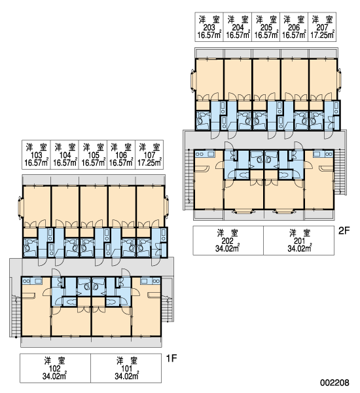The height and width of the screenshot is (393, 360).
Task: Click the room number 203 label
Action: point(209,27)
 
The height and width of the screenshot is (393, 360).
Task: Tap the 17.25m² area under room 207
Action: point(323,35)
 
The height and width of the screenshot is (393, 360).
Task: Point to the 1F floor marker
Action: point(171,358)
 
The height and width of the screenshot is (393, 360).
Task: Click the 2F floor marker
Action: point(344,231)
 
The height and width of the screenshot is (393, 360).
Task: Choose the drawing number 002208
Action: point(334,383)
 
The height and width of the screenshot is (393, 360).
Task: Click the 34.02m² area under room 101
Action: point(127,376)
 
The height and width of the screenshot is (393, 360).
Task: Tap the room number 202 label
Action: point(228,240)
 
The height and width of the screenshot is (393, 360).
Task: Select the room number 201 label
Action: point(299,240)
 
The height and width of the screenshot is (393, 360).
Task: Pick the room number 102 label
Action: point(54,368)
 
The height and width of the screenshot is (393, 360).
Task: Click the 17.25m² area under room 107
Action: point(149,162)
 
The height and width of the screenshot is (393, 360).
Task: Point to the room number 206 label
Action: point(294,27)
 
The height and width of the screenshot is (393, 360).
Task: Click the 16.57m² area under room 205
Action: point(266,35)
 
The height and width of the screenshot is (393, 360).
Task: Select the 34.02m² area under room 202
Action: point(228,248)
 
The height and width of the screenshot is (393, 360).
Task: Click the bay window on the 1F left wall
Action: point(20,207)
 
